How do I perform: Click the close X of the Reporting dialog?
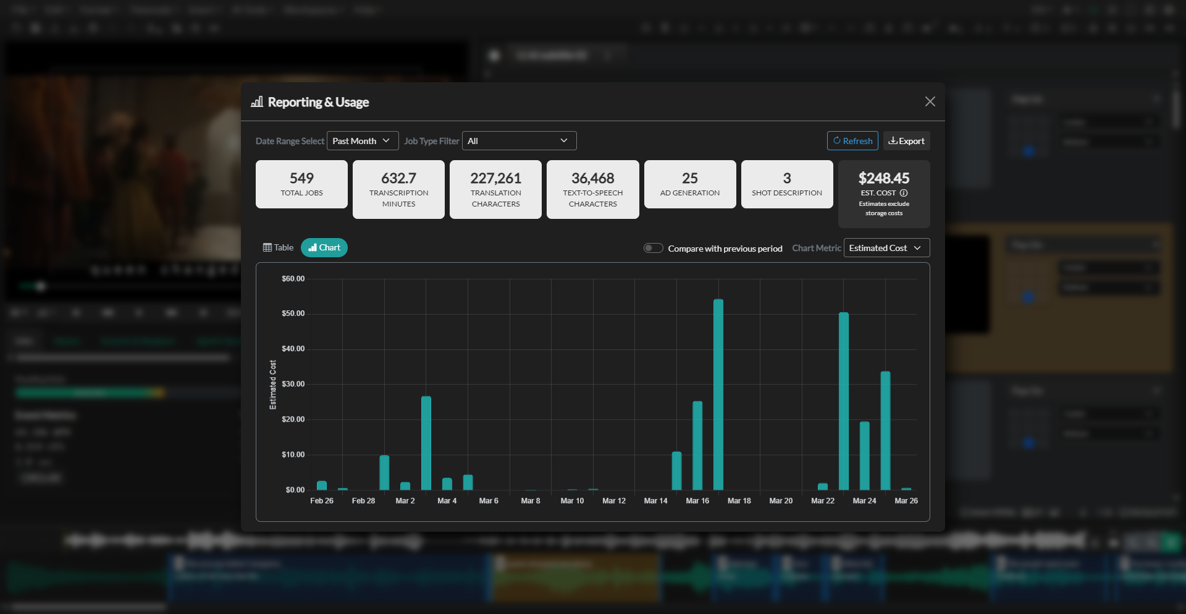tap(930, 101)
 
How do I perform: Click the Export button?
tap(906, 141)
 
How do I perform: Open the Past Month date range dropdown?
tap(362, 141)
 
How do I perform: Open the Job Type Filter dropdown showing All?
tap(519, 141)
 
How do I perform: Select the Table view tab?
tap(278, 247)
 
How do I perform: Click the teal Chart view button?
tap(324, 247)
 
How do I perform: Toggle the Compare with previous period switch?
tap(653, 248)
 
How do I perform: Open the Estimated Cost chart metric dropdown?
tap(886, 248)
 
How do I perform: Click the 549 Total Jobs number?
tap(301, 178)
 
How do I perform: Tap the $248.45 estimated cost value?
tap(883, 178)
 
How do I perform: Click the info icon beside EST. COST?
tap(904, 193)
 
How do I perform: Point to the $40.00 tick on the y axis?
tap(293, 349)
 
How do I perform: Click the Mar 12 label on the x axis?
tap(613, 501)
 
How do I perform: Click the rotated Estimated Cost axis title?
tap(273, 385)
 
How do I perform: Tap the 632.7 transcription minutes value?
tap(398, 178)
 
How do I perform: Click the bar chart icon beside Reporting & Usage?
tap(257, 102)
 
